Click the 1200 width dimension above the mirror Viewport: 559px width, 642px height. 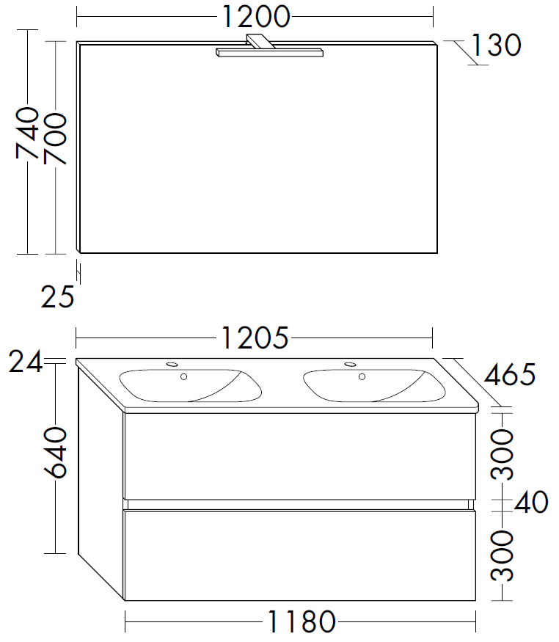pos(255,17)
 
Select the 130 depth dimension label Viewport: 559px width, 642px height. pos(497,45)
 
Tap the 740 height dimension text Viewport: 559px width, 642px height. pos(27,133)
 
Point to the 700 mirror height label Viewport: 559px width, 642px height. pos(55,139)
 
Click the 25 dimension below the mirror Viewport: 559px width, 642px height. pos(58,297)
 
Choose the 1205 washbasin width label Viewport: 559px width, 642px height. pos(255,338)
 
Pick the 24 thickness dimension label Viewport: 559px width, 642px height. pos(26,361)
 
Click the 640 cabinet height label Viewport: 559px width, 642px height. pos(55,452)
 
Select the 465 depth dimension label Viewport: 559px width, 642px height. pos(510,374)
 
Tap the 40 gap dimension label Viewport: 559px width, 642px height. pos(531,502)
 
